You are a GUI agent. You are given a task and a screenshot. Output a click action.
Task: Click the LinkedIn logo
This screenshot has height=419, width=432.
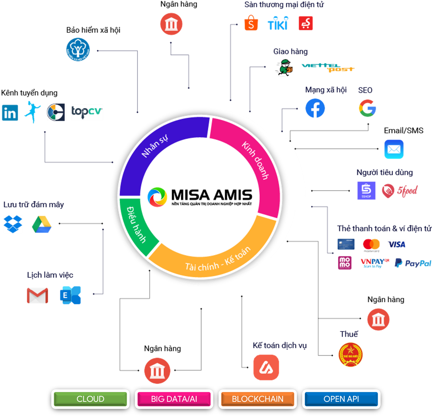[10, 113]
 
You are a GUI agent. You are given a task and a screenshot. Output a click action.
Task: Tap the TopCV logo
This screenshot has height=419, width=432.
[87, 112]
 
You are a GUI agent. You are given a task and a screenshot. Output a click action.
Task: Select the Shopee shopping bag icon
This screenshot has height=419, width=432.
[251, 23]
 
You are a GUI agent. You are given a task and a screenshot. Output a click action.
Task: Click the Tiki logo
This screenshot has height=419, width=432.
[278, 23]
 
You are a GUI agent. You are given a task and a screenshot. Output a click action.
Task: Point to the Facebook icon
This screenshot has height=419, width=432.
[315, 108]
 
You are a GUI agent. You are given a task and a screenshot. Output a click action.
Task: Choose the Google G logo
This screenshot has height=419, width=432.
[367, 108]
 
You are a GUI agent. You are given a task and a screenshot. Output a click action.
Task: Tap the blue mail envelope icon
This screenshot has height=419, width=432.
[394, 149]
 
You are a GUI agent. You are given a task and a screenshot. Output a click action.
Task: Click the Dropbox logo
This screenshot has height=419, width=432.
[13, 224]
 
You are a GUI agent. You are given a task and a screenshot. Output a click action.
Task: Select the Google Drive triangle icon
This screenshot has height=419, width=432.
[42, 224]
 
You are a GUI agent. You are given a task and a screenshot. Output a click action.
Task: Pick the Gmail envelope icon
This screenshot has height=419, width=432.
[37, 295]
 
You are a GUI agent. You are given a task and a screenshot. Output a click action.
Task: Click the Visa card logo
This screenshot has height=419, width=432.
[396, 245]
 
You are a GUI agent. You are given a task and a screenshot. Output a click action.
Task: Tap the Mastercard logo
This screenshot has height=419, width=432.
[371, 245]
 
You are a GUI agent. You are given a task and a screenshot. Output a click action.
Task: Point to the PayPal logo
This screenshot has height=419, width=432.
[413, 263]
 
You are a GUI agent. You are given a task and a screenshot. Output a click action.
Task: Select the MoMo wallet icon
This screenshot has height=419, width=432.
[345, 263]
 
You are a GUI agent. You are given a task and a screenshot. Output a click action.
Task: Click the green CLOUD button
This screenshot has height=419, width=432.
[90, 399]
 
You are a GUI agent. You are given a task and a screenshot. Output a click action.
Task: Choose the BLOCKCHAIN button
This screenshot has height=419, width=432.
[258, 399]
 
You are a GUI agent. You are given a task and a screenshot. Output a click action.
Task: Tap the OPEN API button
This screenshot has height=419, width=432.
[341, 399]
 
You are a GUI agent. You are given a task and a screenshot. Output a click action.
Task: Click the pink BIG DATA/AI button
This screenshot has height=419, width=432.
[174, 399]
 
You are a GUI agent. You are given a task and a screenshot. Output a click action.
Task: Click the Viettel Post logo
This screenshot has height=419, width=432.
[328, 68]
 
